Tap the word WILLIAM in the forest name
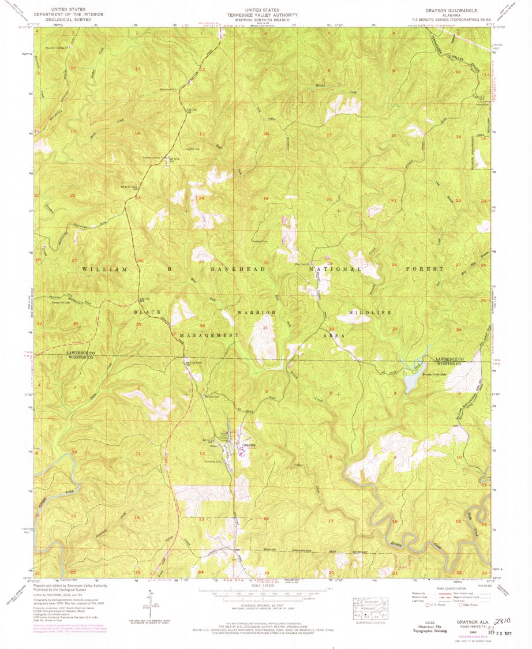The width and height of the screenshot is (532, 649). click(x=103, y=269)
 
